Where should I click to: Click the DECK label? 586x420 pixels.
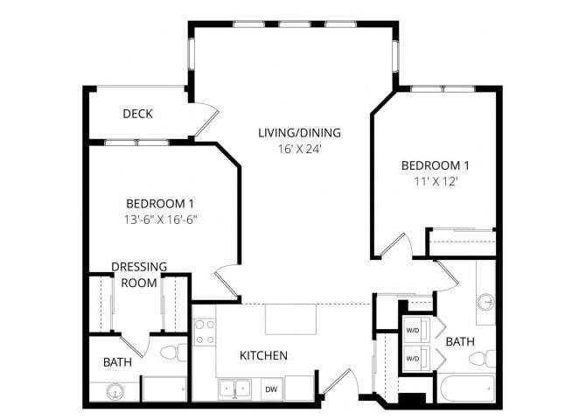coord(138,114)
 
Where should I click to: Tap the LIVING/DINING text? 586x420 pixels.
coord(299,133)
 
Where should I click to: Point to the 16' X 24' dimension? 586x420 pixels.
coord(299,149)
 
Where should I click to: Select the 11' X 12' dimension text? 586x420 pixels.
coord(436,181)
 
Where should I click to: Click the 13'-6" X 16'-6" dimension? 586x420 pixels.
coord(159,219)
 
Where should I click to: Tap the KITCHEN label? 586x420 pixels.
coord(264,355)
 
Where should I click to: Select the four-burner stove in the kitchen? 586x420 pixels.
coord(205,331)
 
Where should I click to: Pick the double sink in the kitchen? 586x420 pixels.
coord(234,388)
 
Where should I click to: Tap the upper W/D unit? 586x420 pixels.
coord(413,331)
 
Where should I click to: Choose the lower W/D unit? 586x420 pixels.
coord(413,358)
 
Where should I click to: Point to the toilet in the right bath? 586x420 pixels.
coord(482,359)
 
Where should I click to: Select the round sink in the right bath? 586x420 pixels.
coord(486,303)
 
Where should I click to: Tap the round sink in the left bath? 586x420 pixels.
coord(113,393)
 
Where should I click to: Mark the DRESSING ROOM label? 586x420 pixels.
coord(139,275)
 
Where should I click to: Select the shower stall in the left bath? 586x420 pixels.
coord(164,388)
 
